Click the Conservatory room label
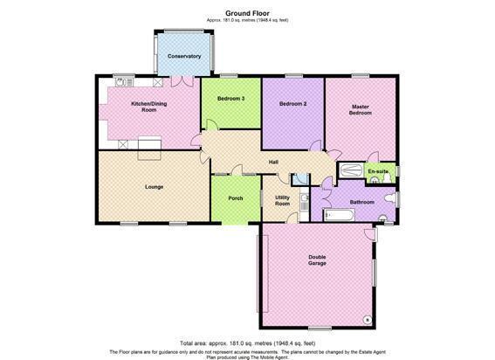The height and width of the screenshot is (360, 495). pyautogui.click(x=184, y=56)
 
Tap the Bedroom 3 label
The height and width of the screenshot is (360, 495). pyautogui.click(x=231, y=99)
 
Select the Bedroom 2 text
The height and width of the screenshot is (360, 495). pyautogui.click(x=293, y=104)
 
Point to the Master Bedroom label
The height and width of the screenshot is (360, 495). pyautogui.click(x=361, y=110)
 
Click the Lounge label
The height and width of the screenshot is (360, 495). pyautogui.click(x=154, y=187)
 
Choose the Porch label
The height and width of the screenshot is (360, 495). pyautogui.click(x=236, y=198)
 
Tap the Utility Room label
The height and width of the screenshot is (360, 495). pyautogui.click(x=282, y=201)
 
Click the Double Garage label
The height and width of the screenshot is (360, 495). pyautogui.click(x=317, y=260)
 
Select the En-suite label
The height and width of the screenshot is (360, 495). pyautogui.click(x=378, y=171)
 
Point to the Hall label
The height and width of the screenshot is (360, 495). pyautogui.click(x=273, y=163)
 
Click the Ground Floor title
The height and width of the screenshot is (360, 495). pyautogui.click(x=247, y=13)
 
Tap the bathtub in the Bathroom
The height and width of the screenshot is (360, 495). pyautogui.click(x=339, y=215)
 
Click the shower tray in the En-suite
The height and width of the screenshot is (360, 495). pyautogui.click(x=350, y=170)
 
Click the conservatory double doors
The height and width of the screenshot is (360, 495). pyautogui.click(x=182, y=81)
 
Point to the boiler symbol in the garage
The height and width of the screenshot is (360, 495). pyautogui.click(x=367, y=320)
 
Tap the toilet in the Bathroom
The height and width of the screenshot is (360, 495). pyautogui.click(x=390, y=198)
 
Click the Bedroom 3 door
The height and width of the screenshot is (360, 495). pyautogui.click(x=212, y=125)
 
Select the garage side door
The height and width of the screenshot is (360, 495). pyautogui.click(x=369, y=234)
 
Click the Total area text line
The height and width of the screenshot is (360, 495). pyautogui.click(x=248, y=343)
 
